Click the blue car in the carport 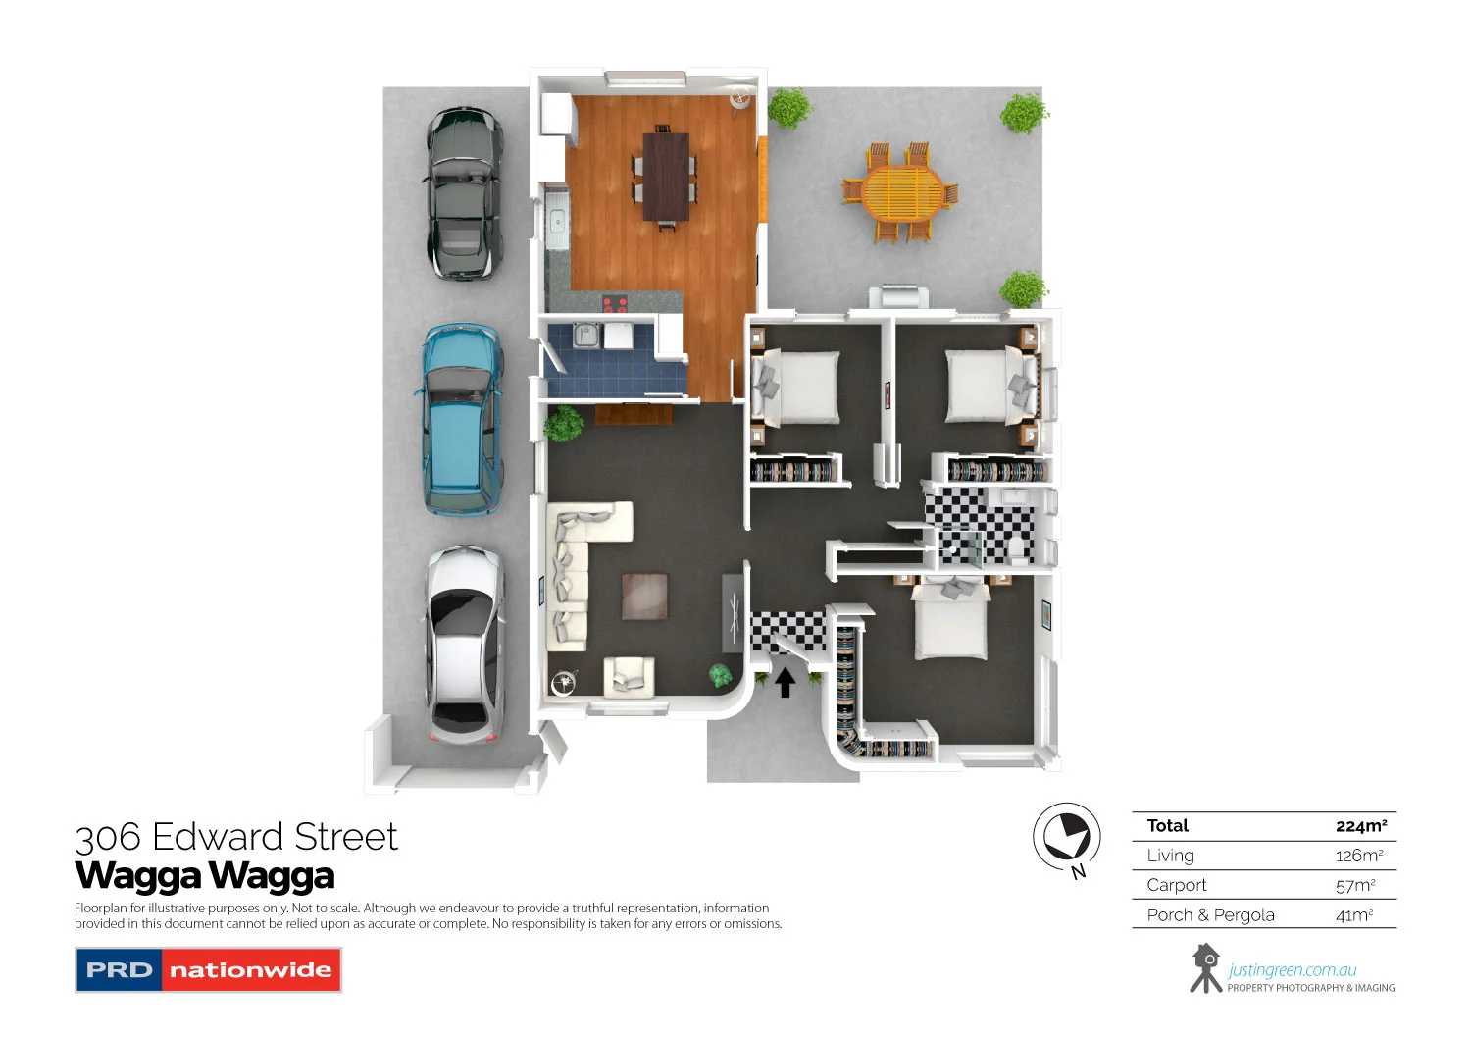(462, 419)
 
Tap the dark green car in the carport (463, 192)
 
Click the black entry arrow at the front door (785, 682)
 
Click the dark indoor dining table (666, 177)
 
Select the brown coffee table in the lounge (644, 597)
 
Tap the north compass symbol (1067, 837)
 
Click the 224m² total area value (1360, 826)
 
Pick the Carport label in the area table (1177, 885)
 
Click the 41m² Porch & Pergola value (1354, 915)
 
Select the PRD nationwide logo (208, 970)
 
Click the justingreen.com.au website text (1292, 970)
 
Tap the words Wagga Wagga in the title (205, 875)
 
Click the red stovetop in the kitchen (615, 304)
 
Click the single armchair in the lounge (628, 677)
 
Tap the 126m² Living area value (1359, 856)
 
